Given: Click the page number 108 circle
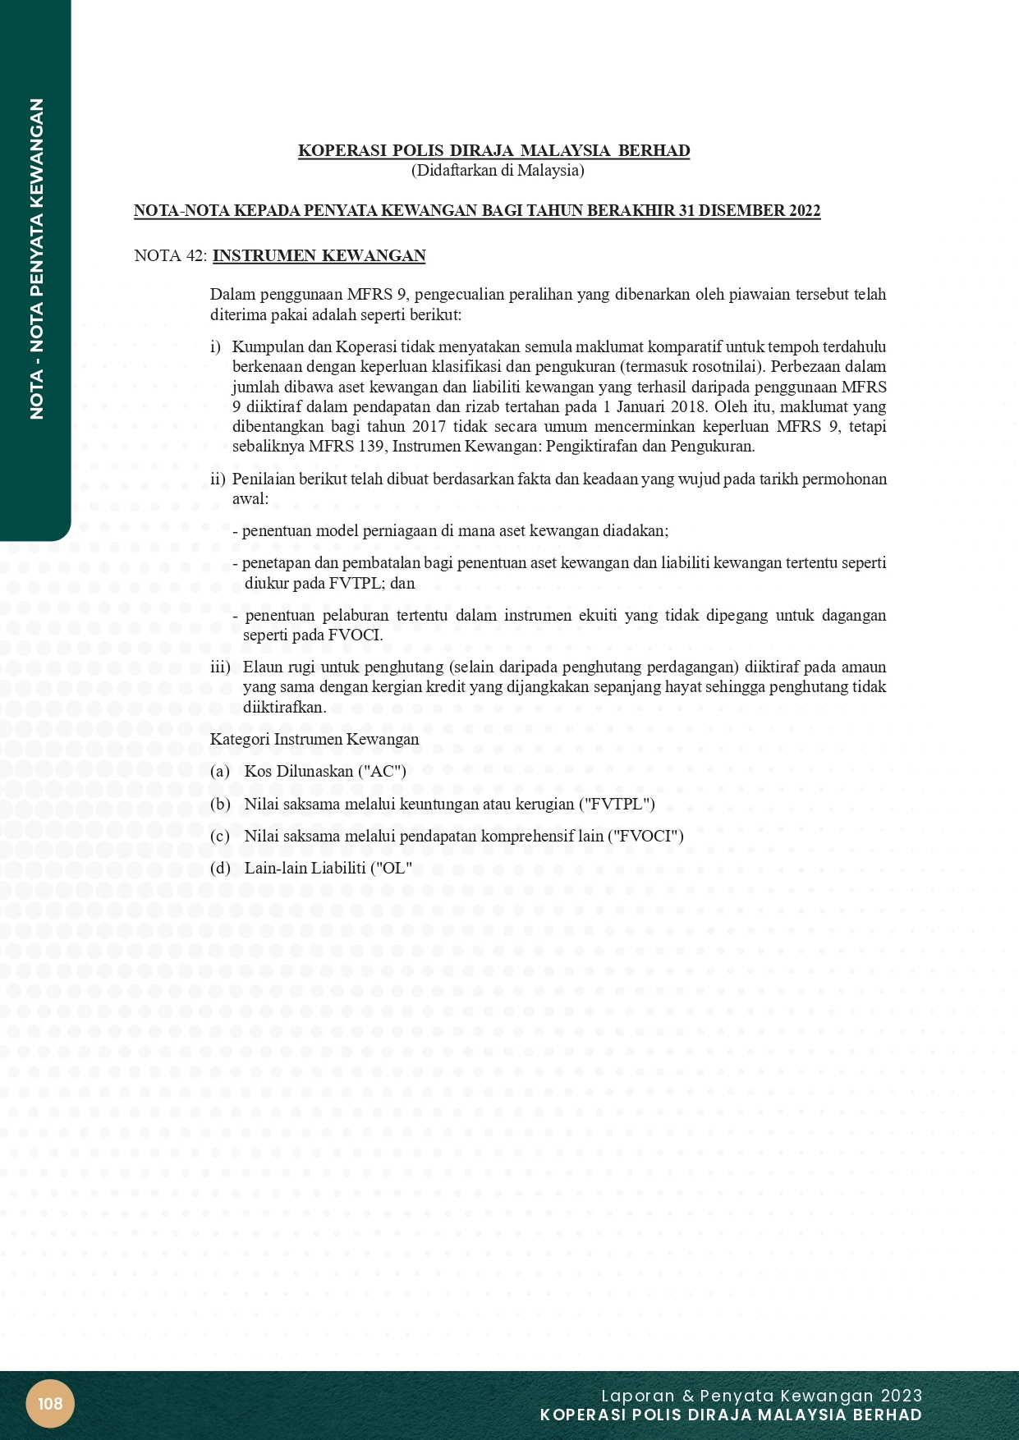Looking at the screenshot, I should (x=50, y=1403).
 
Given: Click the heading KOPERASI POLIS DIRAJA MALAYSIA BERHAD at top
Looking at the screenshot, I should (x=493, y=151).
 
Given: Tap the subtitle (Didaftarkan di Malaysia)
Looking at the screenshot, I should (x=498, y=171).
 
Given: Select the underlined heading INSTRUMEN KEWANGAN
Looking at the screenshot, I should (x=319, y=256).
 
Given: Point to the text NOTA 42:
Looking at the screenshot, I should (x=170, y=256).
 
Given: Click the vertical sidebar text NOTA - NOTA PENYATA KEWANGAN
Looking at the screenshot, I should (x=36, y=259).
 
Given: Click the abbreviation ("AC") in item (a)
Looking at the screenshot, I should (x=382, y=772).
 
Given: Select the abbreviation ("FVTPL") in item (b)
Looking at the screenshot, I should (x=617, y=805).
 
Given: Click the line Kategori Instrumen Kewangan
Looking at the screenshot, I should (x=314, y=740).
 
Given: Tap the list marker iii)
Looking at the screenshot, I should (x=221, y=667).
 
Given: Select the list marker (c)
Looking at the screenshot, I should (x=220, y=837).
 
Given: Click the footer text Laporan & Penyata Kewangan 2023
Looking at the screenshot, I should (x=761, y=1396).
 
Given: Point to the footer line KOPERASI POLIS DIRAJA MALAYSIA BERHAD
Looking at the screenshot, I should (x=731, y=1415).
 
